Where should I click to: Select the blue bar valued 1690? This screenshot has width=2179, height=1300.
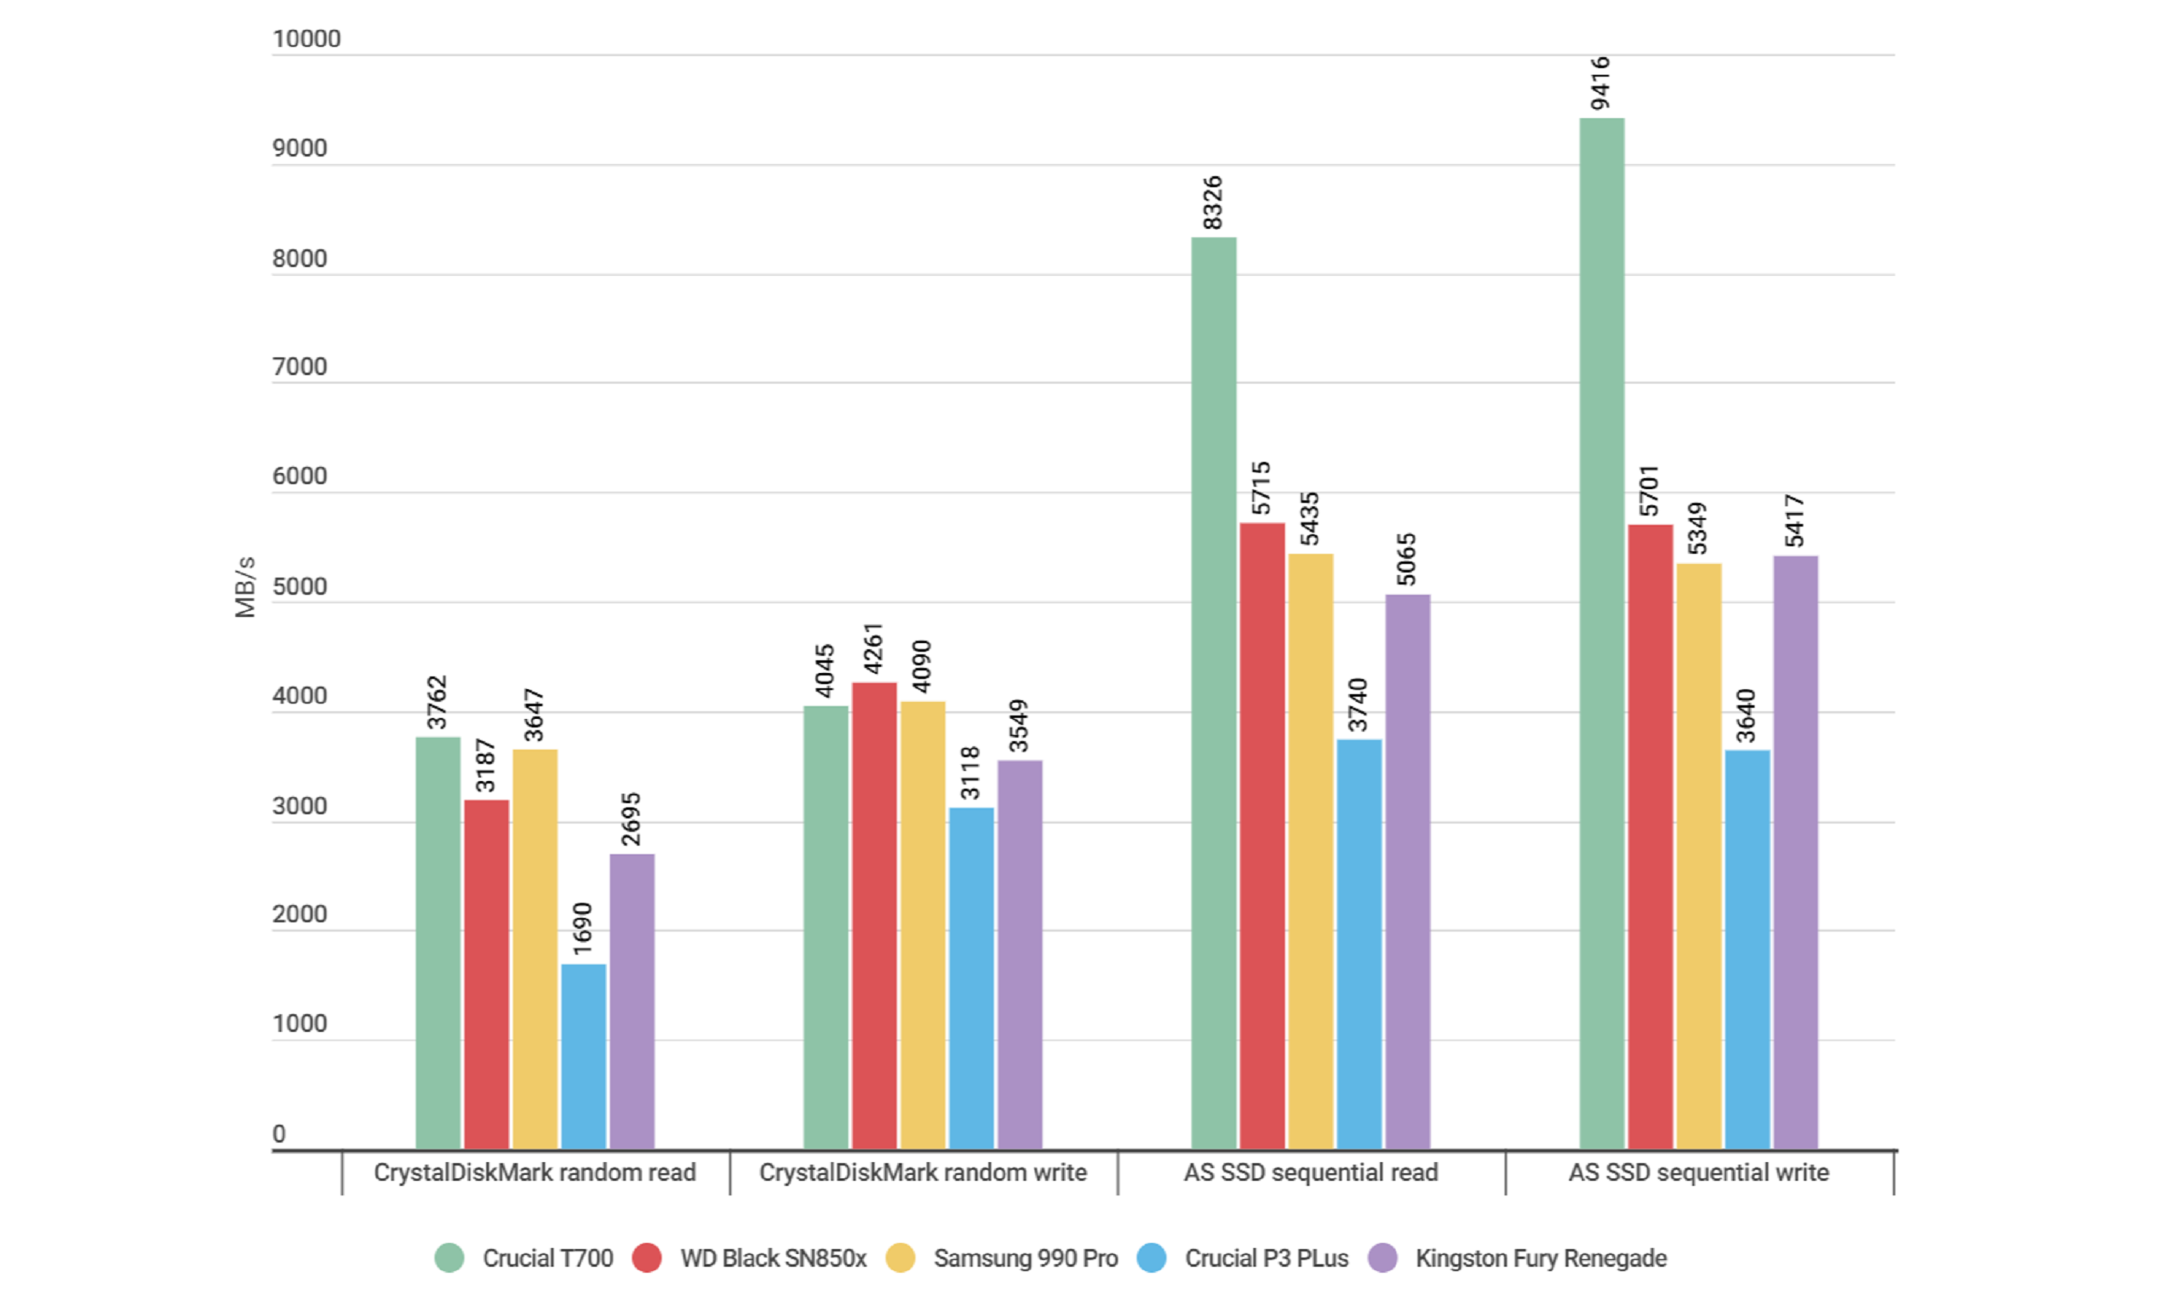[x=584, y=1056]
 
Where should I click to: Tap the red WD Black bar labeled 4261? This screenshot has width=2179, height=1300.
[x=874, y=915]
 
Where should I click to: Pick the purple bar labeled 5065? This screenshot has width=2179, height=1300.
[x=1407, y=872]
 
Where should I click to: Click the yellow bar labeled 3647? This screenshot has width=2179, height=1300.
[x=535, y=949]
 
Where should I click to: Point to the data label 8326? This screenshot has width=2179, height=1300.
[x=1213, y=202]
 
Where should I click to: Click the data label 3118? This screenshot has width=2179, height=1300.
[x=969, y=773]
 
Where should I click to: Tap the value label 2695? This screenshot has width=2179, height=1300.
[x=631, y=819]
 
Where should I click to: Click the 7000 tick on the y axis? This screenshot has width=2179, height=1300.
[x=300, y=367]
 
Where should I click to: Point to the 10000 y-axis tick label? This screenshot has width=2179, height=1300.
[x=306, y=38]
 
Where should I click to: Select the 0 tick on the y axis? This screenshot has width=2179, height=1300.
[x=278, y=1133]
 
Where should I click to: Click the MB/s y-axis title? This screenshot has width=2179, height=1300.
[x=245, y=587]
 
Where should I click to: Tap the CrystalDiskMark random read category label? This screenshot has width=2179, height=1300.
[x=535, y=1172]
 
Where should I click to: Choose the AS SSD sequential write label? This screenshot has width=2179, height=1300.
[x=1698, y=1172]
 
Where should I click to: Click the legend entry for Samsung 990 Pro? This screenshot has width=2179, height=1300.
[x=1025, y=1258]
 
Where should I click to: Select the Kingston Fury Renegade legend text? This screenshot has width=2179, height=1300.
[x=1541, y=1258]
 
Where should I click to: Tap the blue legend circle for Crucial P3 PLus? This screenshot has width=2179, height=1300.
[x=1152, y=1258]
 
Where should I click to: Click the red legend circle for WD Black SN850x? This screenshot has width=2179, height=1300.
[x=647, y=1258]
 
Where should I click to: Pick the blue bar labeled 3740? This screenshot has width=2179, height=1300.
[x=1359, y=944]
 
